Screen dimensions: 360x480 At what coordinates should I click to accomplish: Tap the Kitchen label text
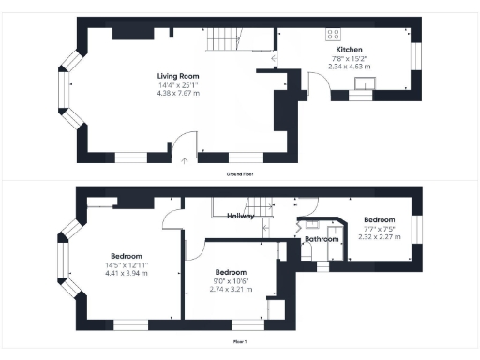tap(350, 50)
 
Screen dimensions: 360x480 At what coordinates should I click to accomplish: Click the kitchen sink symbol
tap(362, 91)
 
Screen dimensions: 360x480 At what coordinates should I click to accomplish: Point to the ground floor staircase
tap(223, 38)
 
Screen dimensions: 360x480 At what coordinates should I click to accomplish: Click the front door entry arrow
tap(184, 160)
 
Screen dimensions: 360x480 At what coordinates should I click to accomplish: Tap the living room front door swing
tap(188, 142)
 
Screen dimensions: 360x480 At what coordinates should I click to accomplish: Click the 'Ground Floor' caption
tap(240, 174)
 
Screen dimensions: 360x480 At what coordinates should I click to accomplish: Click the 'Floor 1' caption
tap(240, 342)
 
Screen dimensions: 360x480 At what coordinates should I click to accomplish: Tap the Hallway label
tap(241, 216)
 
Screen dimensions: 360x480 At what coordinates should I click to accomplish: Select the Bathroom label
tap(321, 239)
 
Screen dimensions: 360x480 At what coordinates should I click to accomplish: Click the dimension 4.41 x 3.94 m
tap(127, 273)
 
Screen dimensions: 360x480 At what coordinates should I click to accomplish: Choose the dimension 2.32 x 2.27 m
tap(379, 236)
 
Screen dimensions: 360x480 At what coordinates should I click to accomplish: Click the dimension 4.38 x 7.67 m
tap(178, 94)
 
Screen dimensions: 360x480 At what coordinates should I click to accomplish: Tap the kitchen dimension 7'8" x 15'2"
tap(350, 58)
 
